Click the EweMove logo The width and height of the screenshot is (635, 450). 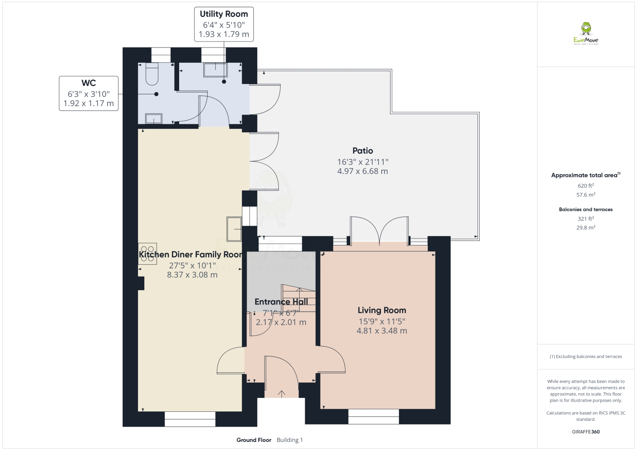tap(586, 33)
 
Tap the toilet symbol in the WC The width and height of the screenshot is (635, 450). tap(152, 74)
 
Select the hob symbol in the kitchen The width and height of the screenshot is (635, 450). tap(147, 254)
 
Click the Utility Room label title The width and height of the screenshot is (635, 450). tap(224, 14)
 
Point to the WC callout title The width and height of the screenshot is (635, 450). tap(88, 83)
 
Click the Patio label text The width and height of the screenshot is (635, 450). tap(362, 151)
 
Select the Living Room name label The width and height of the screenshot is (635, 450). tap(382, 310)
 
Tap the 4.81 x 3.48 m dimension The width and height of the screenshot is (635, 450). tap(382, 331)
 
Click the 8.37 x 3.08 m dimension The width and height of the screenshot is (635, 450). tap(192, 275)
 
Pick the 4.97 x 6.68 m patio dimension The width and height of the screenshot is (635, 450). tap(362, 171)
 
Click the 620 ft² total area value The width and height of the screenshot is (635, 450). tap(586, 186)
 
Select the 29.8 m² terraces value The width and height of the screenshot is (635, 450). tap(586, 227)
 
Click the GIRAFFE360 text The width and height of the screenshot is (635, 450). tap(586, 432)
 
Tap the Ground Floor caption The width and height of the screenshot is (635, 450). tap(254, 440)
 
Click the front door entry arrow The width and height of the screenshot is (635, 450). tap(281, 394)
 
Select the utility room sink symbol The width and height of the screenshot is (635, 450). tap(216, 70)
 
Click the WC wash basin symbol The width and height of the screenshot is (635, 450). tap(153, 118)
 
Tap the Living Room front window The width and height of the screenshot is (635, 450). tap(374, 416)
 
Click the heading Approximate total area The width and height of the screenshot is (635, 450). tap(584, 175)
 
